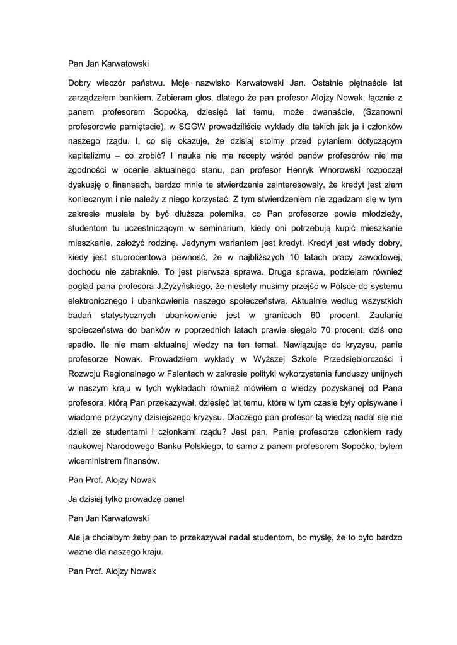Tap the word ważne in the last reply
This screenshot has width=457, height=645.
[81, 552]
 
